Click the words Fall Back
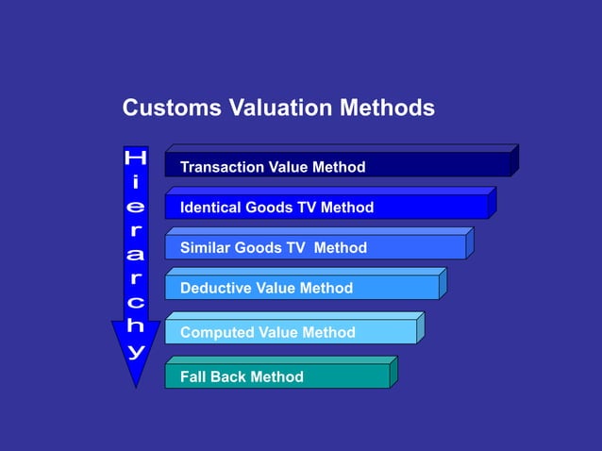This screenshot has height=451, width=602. (208, 377)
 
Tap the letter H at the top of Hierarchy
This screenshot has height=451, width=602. (136, 158)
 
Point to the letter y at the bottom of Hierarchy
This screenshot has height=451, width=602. (137, 351)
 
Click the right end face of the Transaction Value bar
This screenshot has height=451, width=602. (514, 159)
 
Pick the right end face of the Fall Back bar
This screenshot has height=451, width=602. (393, 372)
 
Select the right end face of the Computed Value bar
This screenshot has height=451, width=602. (420, 327)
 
